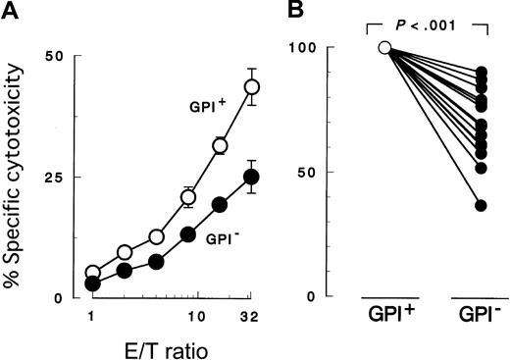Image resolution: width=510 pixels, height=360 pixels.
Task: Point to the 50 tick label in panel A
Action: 52,57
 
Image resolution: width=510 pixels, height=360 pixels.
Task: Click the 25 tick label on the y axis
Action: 52,178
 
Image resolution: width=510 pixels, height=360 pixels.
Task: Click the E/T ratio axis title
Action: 172,346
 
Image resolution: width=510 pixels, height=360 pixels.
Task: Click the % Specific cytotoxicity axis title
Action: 13,177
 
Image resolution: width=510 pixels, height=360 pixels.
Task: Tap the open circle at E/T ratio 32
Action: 252,87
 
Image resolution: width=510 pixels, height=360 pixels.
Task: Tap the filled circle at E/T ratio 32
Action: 252,177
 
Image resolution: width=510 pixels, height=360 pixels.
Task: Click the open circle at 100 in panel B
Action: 385,48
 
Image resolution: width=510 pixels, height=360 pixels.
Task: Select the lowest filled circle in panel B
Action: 482,205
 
